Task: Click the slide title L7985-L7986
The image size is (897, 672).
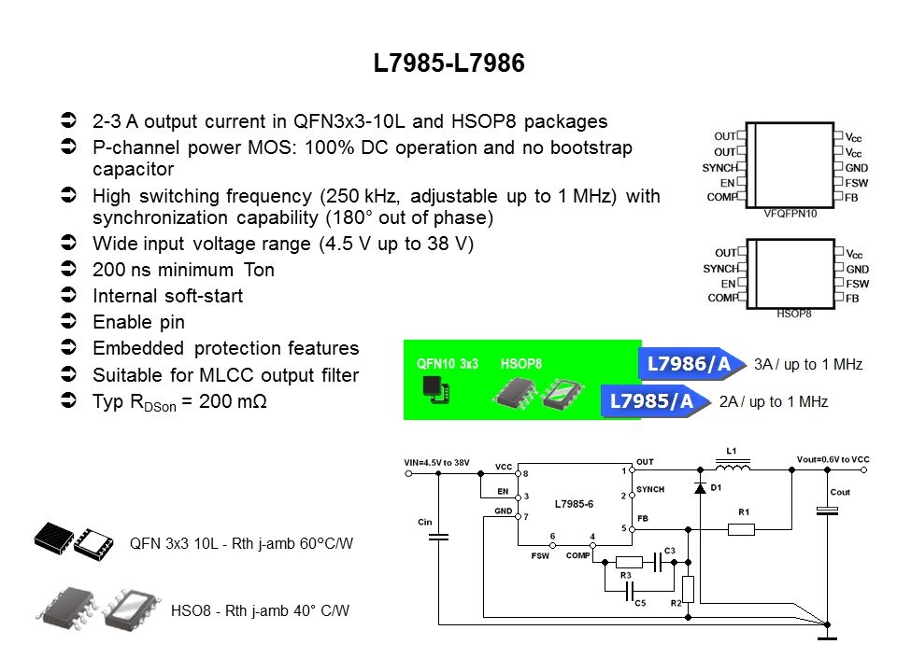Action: tap(448, 64)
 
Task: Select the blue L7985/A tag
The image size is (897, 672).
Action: tap(651, 402)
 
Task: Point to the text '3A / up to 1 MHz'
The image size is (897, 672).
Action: tap(808, 364)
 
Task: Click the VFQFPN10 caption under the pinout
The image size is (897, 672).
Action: tap(790, 213)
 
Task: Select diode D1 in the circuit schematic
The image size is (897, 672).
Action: tap(700, 487)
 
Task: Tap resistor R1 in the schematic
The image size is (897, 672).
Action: tap(741, 530)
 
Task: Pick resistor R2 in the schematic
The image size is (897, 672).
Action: tap(688, 589)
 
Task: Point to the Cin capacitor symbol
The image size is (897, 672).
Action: tap(439, 536)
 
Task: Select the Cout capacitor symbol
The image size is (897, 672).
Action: tap(826, 510)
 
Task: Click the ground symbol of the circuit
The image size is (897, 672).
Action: tap(826, 637)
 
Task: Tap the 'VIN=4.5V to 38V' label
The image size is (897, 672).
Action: tap(436, 462)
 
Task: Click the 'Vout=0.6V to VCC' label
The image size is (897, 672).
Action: tap(833, 459)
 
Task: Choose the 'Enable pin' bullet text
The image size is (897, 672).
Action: tap(138, 322)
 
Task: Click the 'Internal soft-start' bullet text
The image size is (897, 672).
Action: tap(167, 296)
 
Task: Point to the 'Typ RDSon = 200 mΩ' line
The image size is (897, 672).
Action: tap(173, 403)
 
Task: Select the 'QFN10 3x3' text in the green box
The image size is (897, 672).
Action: tap(448, 362)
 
